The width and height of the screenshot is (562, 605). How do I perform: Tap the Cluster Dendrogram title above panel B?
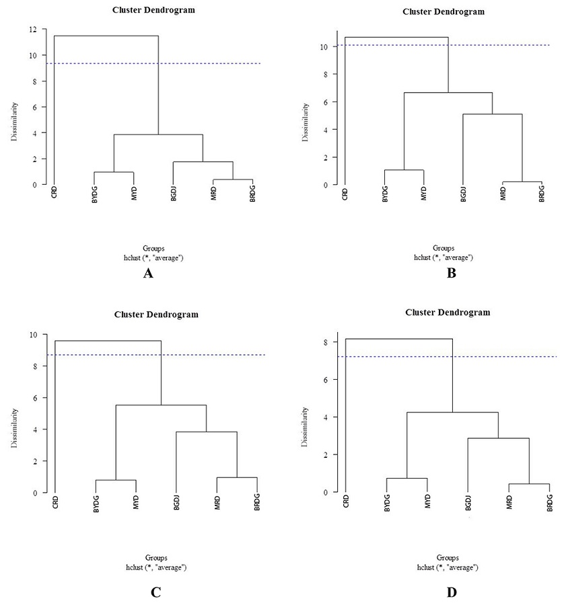point(443,11)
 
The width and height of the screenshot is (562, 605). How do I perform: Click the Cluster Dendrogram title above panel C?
point(156,314)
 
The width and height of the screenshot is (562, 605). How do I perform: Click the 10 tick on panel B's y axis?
point(326,47)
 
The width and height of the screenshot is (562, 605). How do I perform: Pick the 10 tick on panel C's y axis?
point(35,334)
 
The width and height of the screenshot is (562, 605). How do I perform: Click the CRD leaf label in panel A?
point(54,191)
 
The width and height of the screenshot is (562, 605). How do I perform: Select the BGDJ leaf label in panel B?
point(463,194)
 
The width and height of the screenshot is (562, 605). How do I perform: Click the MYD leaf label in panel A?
point(135,192)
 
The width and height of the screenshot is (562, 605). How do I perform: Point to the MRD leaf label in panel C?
point(217,501)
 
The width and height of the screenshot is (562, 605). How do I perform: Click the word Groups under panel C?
point(156,558)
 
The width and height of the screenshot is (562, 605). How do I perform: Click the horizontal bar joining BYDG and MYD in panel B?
point(404,170)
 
